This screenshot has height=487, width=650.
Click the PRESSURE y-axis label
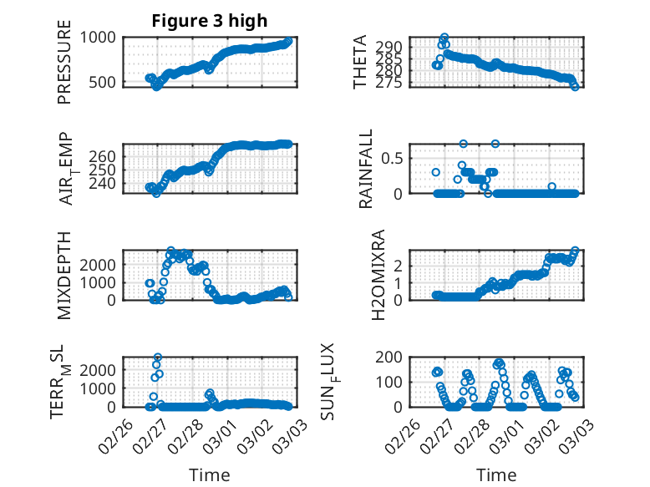(64, 63)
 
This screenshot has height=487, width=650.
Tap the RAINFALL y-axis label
(366, 170)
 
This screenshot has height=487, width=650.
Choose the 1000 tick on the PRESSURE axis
(101, 38)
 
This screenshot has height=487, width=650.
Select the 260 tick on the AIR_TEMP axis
(105, 156)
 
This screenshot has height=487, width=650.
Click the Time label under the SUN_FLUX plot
(496, 474)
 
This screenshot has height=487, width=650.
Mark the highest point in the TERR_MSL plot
(158, 358)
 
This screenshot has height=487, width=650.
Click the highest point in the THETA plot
(444, 38)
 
